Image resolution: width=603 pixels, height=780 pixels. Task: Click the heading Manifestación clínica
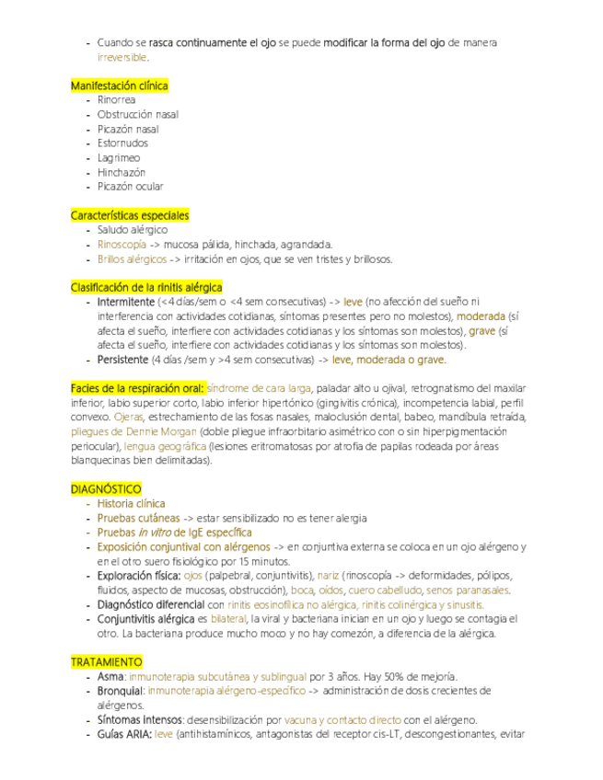pyautogui.click(x=120, y=86)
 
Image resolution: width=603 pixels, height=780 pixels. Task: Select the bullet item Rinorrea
pyautogui.click(x=116, y=100)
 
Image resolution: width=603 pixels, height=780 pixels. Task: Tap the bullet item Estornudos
pyautogui.click(x=122, y=143)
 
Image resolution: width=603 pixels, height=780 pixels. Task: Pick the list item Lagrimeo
pyautogui.click(x=118, y=158)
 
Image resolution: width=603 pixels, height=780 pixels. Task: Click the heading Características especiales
pyautogui.click(x=130, y=215)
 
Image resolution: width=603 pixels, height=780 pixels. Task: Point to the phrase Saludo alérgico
pyautogui.click(x=133, y=230)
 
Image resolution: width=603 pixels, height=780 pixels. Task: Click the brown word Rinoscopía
pyautogui.click(x=122, y=245)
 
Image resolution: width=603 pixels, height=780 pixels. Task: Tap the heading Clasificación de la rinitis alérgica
pyautogui.click(x=146, y=288)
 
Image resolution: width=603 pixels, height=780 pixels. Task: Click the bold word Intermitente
pyautogui.click(x=125, y=302)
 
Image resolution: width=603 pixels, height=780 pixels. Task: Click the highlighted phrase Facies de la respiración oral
pyautogui.click(x=138, y=388)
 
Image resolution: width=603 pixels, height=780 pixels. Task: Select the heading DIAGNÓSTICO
pyautogui.click(x=106, y=488)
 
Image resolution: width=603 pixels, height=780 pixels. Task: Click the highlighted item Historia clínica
pyautogui.click(x=131, y=503)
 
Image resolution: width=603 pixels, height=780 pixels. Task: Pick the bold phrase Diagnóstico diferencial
pyautogui.click(x=151, y=604)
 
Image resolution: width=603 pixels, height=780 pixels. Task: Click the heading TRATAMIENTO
pyautogui.click(x=107, y=662)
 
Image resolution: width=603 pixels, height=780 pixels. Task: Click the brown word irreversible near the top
pyautogui.click(x=122, y=58)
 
